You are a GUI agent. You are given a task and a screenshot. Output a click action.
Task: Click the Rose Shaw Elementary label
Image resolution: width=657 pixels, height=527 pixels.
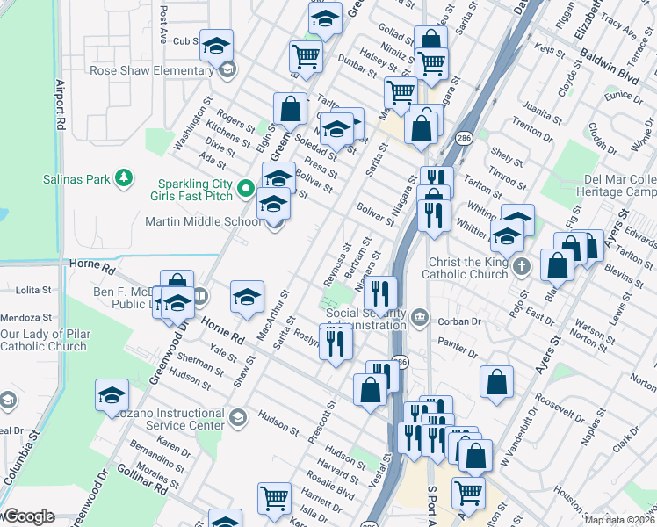click(152, 70)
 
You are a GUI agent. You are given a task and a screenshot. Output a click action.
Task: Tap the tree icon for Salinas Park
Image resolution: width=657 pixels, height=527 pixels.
click(125, 179)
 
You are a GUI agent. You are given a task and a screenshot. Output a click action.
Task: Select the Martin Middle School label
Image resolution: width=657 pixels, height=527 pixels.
click(203, 222)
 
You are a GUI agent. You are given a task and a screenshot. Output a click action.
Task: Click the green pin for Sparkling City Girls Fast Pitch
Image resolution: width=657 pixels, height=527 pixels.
click(247, 188)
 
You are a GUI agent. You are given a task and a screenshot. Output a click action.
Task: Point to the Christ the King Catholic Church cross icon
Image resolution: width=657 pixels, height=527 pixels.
click(522, 265)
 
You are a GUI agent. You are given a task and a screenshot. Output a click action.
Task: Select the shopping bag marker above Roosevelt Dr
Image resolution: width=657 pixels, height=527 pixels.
click(496, 381)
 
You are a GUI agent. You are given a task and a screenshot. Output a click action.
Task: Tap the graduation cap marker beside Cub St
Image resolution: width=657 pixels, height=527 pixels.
click(216, 46)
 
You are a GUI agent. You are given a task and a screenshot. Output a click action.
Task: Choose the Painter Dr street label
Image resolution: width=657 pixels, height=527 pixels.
click(459, 349)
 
